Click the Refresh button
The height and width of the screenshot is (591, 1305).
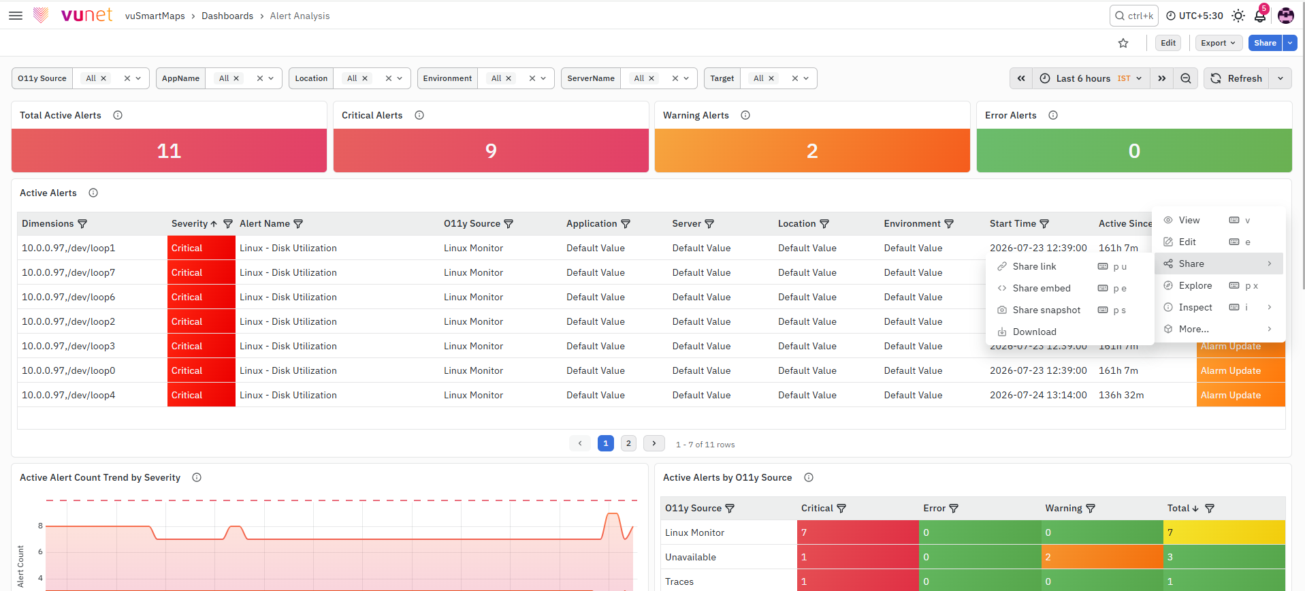(x=1236, y=78)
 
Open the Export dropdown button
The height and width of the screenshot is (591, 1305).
(x=1219, y=43)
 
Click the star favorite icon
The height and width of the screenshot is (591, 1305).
(x=1123, y=43)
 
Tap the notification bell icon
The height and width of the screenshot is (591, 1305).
(x=1260, y=16)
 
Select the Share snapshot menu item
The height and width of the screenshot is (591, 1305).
(x=1046, y=310)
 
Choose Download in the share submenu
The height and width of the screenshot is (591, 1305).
(x=1034, y=332)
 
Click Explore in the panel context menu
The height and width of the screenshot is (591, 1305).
(x=1195, y=285)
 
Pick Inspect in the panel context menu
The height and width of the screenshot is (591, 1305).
(x=1195, y=307)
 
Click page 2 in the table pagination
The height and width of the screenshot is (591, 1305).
(x=628, y=443)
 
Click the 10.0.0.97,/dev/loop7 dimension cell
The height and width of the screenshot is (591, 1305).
(x=69, y=272)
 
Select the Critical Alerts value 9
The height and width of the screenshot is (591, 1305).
(x=491, y=150)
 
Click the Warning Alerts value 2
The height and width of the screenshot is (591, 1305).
(x=812, y=150)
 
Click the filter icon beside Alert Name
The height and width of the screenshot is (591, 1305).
(x=298, y=223)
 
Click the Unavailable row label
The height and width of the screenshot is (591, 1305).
(x=690, y=557)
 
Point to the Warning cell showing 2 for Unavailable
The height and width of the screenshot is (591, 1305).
(x=1102, y=557)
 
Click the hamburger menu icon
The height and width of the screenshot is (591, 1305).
(x=16, y=16)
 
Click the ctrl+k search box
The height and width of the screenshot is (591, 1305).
(x=1133, y=16)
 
